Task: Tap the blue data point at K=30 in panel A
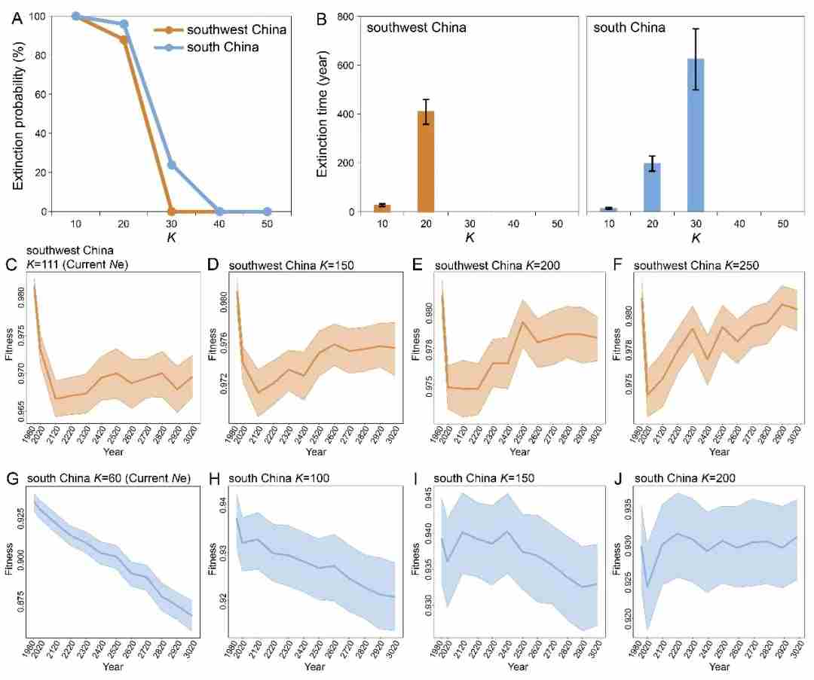pos(172,165)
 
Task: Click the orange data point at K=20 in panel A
pos(124,40)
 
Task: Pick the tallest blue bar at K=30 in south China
pos(695,135)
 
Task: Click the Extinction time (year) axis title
pos(322,113)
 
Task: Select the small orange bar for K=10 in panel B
pos(382,208)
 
